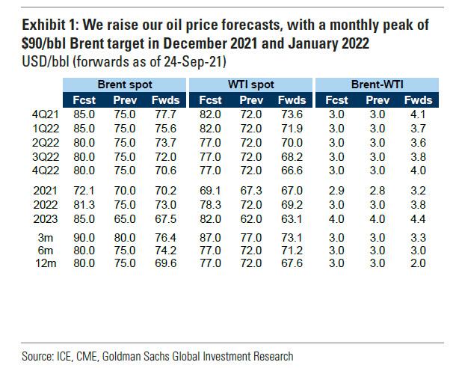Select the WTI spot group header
[x=252, y=84]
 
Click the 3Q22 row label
[x=37, y=158]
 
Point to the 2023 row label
[x=35, y=218]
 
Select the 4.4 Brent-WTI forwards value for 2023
[x=414, y=218]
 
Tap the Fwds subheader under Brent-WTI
[x=415, y=99]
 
